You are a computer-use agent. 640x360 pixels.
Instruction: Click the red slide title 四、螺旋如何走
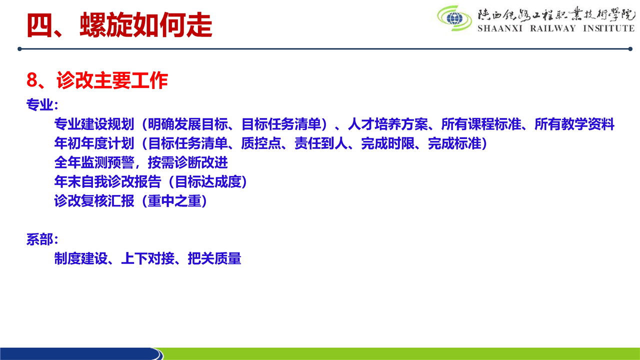pyautogui.click(x=119, y=25)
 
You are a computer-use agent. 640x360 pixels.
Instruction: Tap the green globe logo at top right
pyautogui.click(x=454, y=18)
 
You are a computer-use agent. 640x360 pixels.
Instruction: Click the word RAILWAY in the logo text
pyautogui.click(x=553, y=28)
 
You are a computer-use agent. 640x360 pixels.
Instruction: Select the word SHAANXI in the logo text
pyautogui.click(x=500, y=28)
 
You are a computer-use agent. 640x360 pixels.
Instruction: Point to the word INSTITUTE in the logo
pyautogui.click(x=609, y=28)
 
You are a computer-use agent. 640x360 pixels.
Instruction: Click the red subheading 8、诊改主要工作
pyautogui.click(x=97, y=80)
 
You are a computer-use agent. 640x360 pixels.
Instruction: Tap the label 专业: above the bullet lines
pyautogui.click(x=42, y=104)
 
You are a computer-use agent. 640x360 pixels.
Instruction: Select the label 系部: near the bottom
pyautogui.click(x=42, y=239)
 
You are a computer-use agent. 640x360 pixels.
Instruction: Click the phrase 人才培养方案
pyautogui.click(x=387, y=124)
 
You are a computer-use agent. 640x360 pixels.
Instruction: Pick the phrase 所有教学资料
pyautogui.click(x=574, y=124)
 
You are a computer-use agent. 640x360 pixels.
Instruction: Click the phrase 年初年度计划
pyautogui.click(x=94, y=143)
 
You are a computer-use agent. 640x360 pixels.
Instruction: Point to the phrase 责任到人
pyautogui.click(x=321, y=143)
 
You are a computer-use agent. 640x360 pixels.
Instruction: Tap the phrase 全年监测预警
pyautogui.click(x=94, y=162)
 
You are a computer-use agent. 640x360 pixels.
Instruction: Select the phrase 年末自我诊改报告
pyautogui.click(x=107, y=181)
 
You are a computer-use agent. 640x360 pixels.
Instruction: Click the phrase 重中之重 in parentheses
pyautogui.click(x=174, y=201)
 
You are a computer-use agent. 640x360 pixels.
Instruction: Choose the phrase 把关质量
pyautogui.click(x=214, y=258)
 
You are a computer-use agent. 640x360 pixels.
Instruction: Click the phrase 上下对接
pyautogui.click(x=147, y=258)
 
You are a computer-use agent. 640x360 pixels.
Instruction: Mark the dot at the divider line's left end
pyautogui.click(x=19, y=49)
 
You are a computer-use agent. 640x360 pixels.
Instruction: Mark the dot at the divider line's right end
pyautogui.click(x=630, y=49)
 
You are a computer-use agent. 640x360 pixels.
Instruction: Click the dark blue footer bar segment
pyautogui.click(x=80, y=353)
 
